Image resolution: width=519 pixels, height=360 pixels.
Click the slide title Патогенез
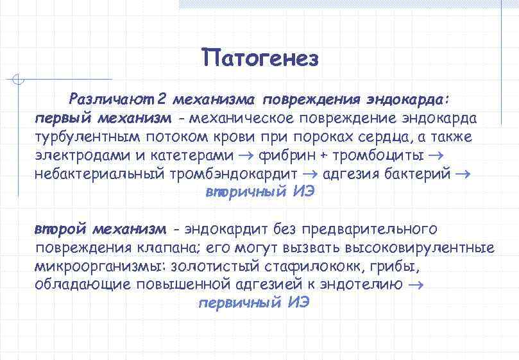(259, 58)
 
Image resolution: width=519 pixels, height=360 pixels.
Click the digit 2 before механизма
(162, 100)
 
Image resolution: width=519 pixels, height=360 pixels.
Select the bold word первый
(63, 119)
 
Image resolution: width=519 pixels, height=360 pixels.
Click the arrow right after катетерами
(248, 156)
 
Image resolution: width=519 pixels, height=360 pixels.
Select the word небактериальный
(103, 175)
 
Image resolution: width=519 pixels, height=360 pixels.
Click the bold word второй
(61, 229)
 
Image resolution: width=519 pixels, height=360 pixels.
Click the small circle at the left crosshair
(19, 80)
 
